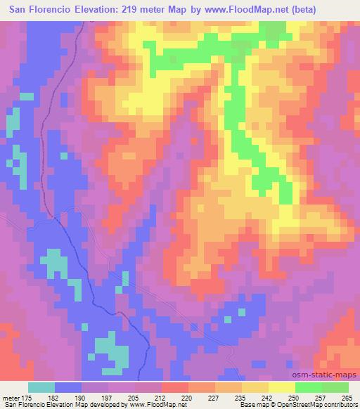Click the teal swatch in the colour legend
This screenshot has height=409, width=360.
[x=42, y=387]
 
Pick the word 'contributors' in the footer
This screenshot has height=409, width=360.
[x=340, y=405]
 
